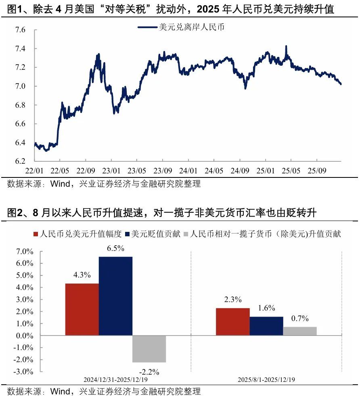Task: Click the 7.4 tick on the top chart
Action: [20, 49]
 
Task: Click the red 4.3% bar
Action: [82, 309]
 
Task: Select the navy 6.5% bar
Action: [115, 296]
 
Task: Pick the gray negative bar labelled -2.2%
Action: [149, 349]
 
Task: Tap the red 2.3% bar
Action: [233, 321]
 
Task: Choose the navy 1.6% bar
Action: [266, 326]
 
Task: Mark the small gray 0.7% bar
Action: [300, 331]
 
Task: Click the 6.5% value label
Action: [115, 248]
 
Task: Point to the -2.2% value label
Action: [149, 371]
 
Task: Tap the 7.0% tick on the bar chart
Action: [25, 252]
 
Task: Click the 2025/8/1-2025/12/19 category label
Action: [266, 380]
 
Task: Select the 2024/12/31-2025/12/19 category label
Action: [115, 380]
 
